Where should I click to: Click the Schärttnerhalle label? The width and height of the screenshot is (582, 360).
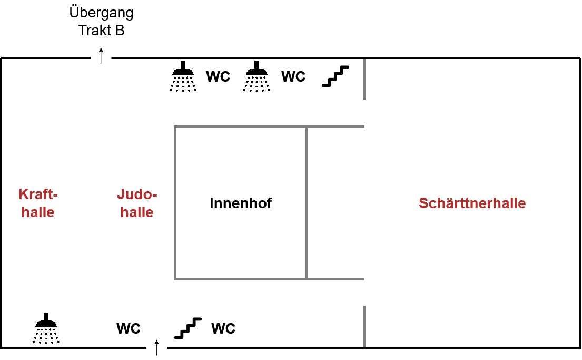tap(472, 203)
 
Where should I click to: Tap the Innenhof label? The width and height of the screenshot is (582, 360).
tap(241, 203)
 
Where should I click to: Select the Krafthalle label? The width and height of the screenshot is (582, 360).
tap(38, 203)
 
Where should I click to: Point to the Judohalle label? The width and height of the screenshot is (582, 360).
tap(137, 203)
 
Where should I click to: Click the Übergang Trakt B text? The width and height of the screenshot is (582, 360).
tap(101, 21)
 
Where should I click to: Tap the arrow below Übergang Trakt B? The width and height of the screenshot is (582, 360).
tap(101, 56)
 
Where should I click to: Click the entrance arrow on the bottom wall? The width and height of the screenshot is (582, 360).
tap(156, 348)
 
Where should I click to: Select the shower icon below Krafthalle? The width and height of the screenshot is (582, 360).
tap(46, 328)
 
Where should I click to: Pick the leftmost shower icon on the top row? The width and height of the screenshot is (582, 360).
tap(183, 76)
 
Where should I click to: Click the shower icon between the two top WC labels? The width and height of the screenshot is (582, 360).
tap(257, 76)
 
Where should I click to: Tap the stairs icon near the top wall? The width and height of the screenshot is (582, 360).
tap(336, 76)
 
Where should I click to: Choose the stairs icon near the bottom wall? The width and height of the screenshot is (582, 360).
tap(188, 328)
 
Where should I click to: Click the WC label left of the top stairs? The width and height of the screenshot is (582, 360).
tap(293, 76)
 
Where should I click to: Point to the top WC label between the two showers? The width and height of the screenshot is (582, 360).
tap(218, 76)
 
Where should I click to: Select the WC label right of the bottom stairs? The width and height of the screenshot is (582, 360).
tap(223, 328)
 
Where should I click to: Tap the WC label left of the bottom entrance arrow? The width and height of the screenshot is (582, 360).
tap(129, 328)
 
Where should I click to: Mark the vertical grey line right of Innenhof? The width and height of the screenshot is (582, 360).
tap(307, 203)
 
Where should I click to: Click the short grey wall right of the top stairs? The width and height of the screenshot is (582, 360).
tap(364, 79)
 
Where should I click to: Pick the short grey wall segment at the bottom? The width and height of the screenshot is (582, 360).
tap(364, 327)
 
